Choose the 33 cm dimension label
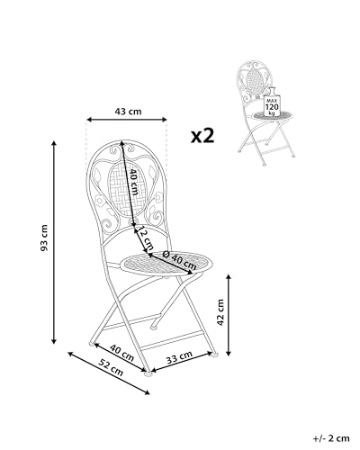pos(177,358)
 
